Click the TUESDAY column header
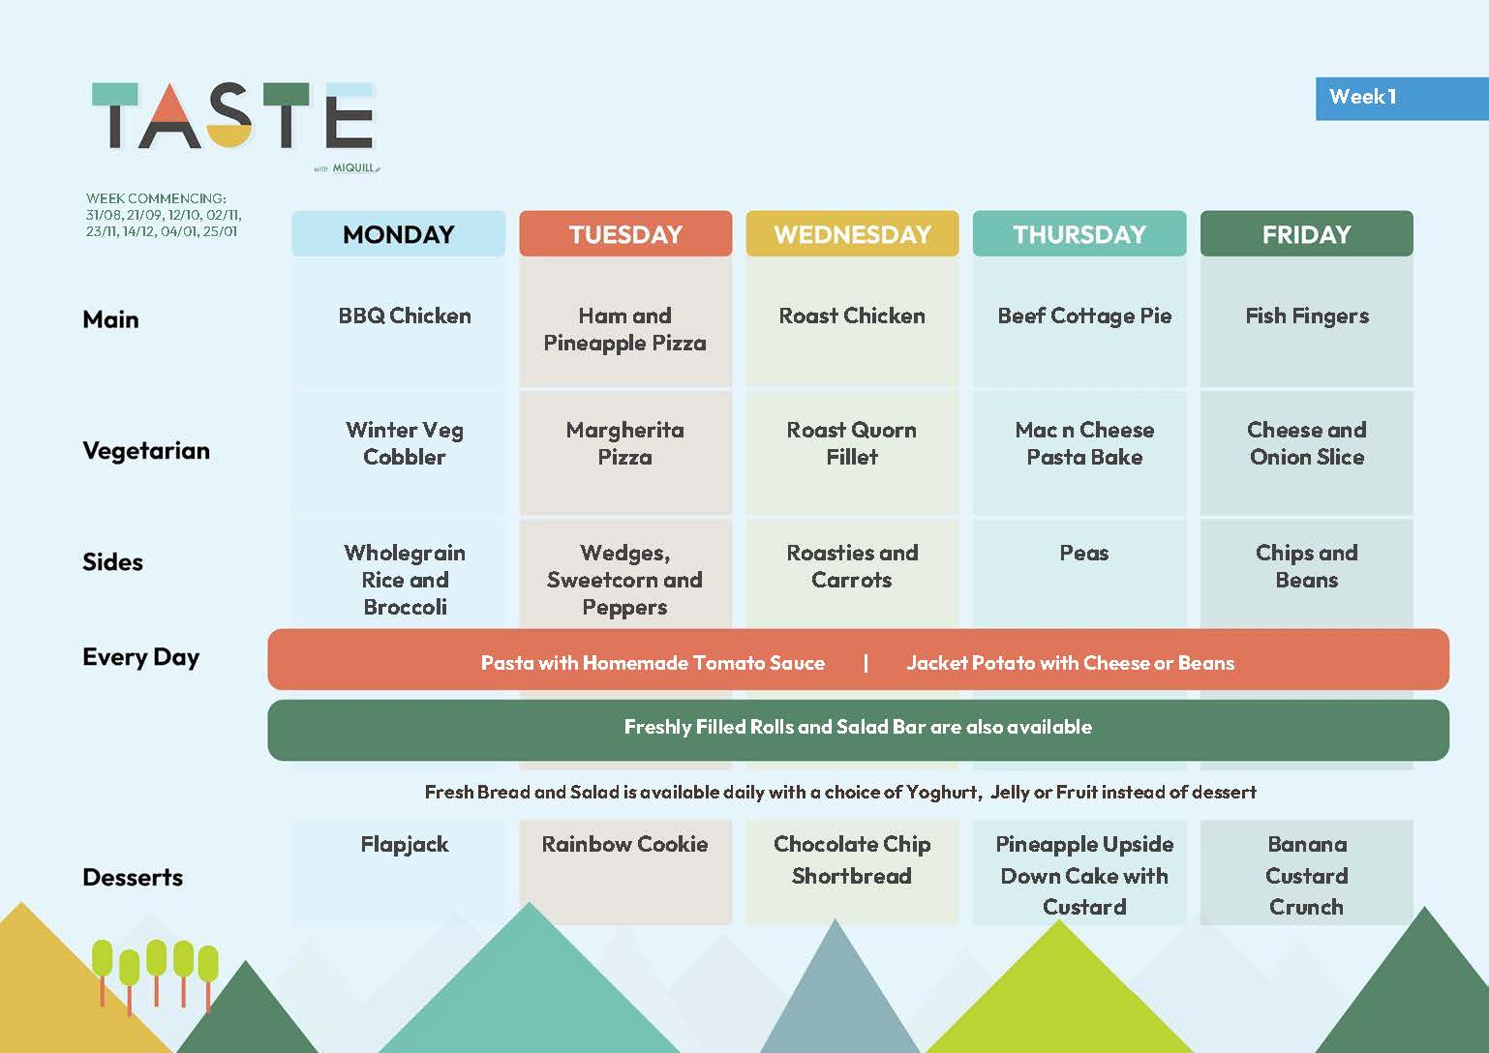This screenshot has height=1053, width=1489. click(x=625, y=234)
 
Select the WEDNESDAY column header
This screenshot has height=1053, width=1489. click(x=852, y=234)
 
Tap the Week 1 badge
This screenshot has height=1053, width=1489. click(x=1401, y=99)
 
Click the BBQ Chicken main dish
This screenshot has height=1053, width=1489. click(x=405, y=316)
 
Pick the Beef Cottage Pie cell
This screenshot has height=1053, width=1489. click(x=1084, y=316)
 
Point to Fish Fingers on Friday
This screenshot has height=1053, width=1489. click(x=1307, y=316)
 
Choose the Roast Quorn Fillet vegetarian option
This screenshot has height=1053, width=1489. click(x=852, y=443)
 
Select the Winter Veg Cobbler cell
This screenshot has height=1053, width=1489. click(x=405, y=443)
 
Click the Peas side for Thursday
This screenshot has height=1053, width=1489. click(x=1084, y=553)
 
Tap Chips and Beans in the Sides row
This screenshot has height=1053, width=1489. click(x=1307, y=566)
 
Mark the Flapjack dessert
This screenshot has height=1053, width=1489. click(x=405, y=844)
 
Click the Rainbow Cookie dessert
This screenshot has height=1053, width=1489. click(x=624, y=844)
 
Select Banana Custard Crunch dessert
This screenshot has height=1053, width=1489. click(x=1307, y=875)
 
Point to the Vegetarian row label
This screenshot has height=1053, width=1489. click(x=146, y=451)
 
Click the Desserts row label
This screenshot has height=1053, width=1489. click(x=133, y=877)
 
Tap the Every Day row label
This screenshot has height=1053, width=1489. click(x=141, y=657)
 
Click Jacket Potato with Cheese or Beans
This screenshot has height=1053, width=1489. click(x=1070, y=663)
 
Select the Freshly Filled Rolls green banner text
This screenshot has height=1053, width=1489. click(x=858, y=727)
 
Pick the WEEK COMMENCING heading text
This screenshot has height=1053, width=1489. click(x=156, y=198)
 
